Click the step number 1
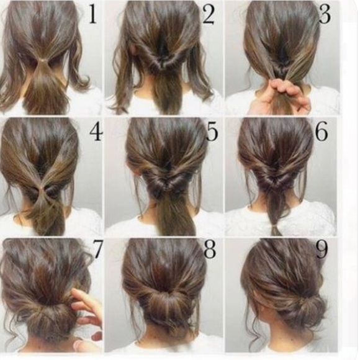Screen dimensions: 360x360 coord(92,15)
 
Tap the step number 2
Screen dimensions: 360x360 coord(209,15)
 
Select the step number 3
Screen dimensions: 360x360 coord(325,15)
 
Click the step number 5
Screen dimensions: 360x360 coord(212,132)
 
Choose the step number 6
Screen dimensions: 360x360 coord(322,132)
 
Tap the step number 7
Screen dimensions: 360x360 coord(97,250)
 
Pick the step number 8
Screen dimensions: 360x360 coord(210,250)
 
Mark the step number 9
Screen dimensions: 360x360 coord(322,250)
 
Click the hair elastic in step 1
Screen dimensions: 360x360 coord(43,60)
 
